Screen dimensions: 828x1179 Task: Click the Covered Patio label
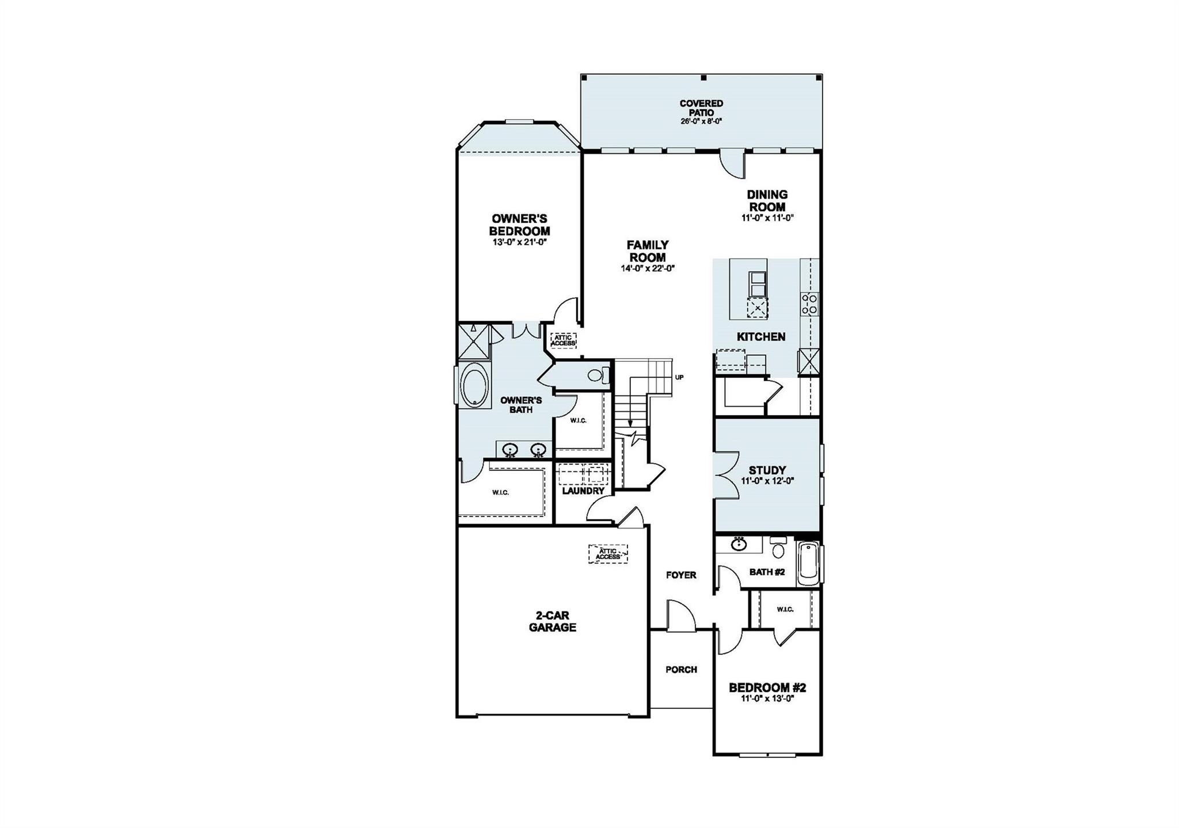tap(701, 108)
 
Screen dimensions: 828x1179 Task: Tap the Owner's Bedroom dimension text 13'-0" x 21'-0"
tap(519, 242)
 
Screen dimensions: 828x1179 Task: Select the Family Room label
tap(648, 251)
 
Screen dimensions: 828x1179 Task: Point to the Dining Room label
tap(767, 200)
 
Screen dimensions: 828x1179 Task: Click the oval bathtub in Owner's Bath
tap(475, 385)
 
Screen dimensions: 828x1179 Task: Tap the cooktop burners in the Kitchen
tap(809, 303)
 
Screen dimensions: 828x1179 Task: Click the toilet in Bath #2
tap(778, 548)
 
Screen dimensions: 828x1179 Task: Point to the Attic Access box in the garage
tap(608, 554)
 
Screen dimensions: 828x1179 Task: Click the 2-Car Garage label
tap(552, 622)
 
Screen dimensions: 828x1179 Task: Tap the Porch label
tap(681, 670)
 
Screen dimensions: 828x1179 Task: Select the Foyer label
tap(681, 575)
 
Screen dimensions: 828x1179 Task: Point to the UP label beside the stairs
tap(679, 378)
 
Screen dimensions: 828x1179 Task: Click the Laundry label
tap(583, 491)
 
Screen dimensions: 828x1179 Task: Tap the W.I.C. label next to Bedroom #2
tap(785, 609)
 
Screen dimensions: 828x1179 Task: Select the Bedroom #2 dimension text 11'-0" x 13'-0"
tap(767, 699)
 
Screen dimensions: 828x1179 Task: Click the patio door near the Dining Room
tap(733, 162)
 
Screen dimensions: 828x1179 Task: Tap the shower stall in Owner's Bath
tap(474, 342)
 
